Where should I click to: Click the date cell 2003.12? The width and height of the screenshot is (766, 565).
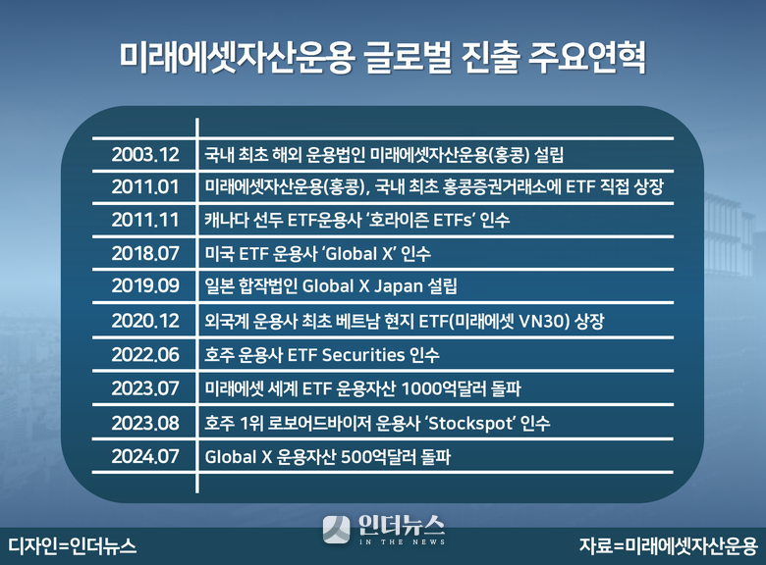(145, 155)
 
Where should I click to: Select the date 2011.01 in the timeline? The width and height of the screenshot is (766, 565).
(145, 187)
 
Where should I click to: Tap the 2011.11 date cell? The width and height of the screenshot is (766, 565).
(145, 220)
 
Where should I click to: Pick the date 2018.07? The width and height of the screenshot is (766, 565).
(145, 253)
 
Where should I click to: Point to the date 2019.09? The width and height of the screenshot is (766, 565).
(145, 285)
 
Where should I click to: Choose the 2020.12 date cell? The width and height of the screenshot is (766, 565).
(145, 321)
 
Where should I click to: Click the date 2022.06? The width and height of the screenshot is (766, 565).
(145, 355)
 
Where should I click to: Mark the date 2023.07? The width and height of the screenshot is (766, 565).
(145, 388)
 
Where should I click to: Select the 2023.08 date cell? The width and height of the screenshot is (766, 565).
(145, 423)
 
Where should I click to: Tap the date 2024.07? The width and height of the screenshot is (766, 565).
(145, 457)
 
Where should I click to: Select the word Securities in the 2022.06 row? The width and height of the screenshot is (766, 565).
(363, 355)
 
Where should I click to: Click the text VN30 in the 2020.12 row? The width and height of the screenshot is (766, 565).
(542, 321)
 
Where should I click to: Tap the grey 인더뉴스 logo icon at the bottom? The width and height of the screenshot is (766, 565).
(336, 530)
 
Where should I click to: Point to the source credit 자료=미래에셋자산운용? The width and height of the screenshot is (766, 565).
(669, 546)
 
